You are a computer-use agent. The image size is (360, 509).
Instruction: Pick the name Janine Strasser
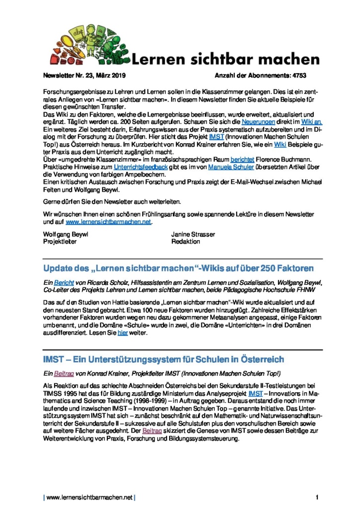click(193, 234)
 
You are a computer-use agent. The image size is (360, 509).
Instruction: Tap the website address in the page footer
click(90, 497)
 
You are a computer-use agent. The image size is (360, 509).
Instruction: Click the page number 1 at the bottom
click(317, 497)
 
